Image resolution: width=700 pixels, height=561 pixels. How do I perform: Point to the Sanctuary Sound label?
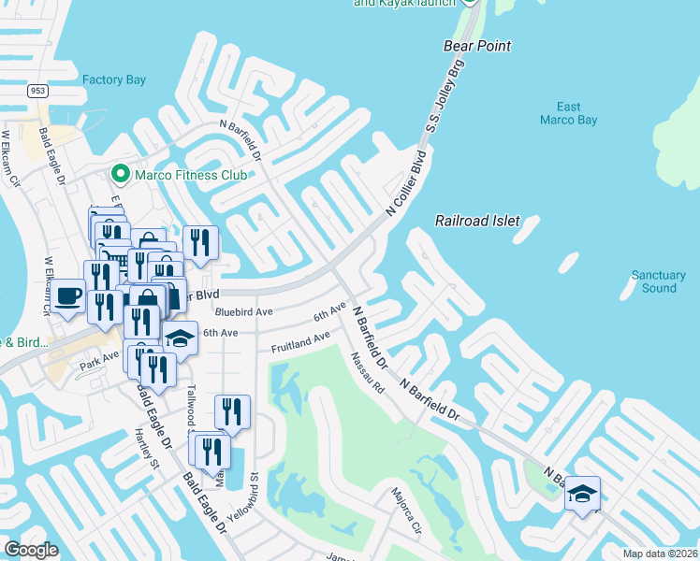point(659,281)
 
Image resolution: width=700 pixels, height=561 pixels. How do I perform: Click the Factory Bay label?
point(114,80)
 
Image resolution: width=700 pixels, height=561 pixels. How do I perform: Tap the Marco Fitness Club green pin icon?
point(120,174)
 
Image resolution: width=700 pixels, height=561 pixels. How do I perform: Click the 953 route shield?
point(37,91)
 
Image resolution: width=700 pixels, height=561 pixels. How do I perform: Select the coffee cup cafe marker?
point(68,296)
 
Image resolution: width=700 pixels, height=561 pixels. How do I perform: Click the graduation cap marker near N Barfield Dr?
point(582,494)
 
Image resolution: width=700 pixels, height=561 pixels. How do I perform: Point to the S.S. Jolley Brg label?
point(446,108)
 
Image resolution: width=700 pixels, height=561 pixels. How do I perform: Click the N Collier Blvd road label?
point(408,183)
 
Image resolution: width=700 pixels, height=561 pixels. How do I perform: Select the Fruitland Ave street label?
point(300,341)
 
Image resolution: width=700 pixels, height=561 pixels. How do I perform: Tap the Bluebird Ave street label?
point(243,311)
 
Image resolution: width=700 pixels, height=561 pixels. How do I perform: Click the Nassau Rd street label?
point(368,371)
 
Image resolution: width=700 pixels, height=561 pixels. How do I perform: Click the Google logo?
point(31,550)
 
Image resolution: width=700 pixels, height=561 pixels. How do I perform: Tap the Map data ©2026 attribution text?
point(661,554)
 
